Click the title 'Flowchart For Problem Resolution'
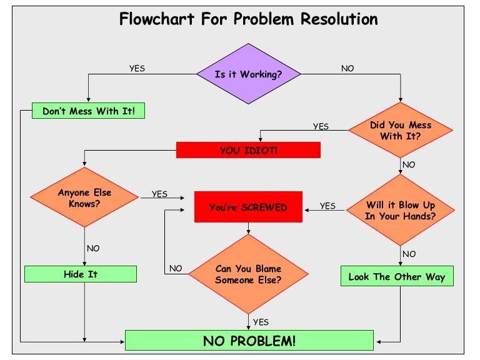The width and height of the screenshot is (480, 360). click(x=248, y=19)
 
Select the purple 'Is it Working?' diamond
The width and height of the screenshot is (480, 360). click(x=249, y=74)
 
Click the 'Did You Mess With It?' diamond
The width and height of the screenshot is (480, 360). click(x=400, y=130)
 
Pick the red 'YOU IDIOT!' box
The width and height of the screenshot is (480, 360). click(x=248, y=150)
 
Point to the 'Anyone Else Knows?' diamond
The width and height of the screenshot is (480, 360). click(x=84, y=197)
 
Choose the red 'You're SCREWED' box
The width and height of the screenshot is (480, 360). click(x=248, y=207)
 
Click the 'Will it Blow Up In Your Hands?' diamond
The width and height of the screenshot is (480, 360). click(x=401, y=210)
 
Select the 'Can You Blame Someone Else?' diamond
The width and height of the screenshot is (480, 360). click(x=248, y=274)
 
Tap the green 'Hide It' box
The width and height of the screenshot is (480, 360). click(x=81, y=274)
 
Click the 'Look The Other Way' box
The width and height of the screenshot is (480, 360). click(x=397, y=276)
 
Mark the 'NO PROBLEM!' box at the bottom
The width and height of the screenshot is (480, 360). click(x=249, y=341)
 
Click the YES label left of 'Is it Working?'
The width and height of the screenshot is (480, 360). click(x=137, y=69)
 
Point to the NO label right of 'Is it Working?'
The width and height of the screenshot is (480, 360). click(x=347, y=69)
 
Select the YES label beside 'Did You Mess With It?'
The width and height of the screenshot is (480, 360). click(x=321, y=126)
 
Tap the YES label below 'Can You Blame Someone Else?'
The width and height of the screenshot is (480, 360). click(x=261, y=322)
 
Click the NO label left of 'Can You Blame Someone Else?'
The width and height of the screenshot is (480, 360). click(x=176, y=269)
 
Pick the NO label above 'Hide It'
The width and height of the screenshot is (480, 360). click(x=93, y=248)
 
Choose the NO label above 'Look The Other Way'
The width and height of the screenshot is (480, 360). click(x=409, y=254)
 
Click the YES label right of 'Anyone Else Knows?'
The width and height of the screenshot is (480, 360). click(x=159, y=194)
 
